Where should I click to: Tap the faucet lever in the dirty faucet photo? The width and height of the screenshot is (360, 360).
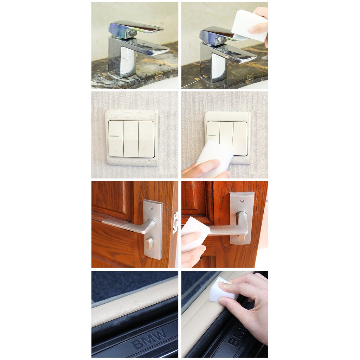[135, 28]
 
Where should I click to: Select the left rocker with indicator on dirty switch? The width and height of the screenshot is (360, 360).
[116, 139]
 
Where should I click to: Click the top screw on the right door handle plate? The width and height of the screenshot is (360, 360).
[241, 201]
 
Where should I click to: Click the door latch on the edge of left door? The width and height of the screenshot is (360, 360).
[176, 223]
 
